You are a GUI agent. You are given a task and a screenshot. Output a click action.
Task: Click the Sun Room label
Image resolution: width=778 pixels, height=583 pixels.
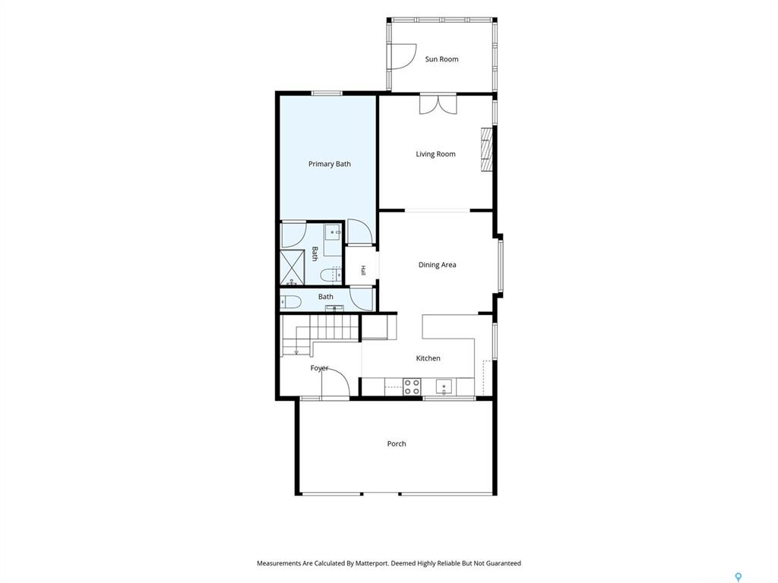(x=441, y=59)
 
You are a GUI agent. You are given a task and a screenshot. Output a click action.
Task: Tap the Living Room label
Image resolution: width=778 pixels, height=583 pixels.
(x=435, y=154)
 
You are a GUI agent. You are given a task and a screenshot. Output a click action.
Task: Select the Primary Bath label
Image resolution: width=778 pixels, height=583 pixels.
(x=330, y=164)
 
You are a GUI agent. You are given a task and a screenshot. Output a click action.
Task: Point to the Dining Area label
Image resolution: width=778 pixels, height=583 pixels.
(x=437, y=265)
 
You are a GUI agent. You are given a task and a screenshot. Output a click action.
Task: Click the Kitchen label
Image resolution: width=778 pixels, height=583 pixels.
(x=428, y=358)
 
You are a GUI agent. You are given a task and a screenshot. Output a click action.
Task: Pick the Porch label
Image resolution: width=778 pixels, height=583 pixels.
(x=397, y=443)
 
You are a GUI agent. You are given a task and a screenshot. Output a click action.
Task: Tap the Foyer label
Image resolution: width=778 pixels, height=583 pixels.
(x=319, y=368)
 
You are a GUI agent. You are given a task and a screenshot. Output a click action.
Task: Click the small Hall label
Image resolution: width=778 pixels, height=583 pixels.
(x=363, y=271)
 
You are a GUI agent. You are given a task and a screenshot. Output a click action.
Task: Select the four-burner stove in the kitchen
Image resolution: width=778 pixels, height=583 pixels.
(x=412, y=386)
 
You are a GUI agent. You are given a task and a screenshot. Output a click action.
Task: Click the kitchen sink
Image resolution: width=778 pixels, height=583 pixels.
(x=444, y=386)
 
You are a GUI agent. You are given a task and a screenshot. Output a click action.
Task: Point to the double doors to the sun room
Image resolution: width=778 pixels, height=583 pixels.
(x=438, y=104)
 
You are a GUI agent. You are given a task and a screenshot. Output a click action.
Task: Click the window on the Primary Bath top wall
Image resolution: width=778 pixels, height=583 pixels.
(x=327, y=93)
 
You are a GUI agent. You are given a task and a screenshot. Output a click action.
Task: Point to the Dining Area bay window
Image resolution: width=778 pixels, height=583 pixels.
(x=501, y=266)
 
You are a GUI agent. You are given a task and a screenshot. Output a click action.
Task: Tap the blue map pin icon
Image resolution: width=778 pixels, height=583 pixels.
(x=738, y=577)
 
